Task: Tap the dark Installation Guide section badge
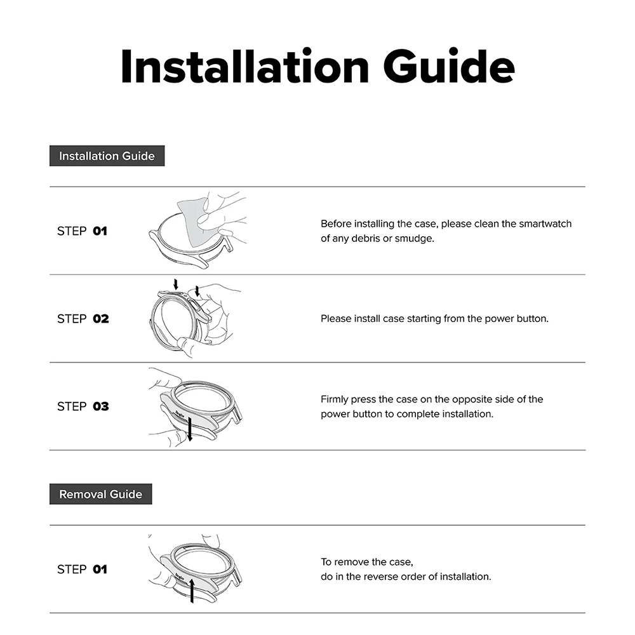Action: click(107, 156)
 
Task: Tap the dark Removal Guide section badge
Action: click(100, 494)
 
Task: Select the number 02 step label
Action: click(101, 319)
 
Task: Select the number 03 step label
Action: click(101, 406)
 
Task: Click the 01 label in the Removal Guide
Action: click(100, 570)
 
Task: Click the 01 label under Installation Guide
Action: click(100, 231)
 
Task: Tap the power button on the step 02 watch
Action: click(196, 309)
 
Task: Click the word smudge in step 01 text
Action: click(415, 239)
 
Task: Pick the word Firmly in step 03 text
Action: click(335, 399)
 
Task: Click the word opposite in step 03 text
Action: click(471, 399)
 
